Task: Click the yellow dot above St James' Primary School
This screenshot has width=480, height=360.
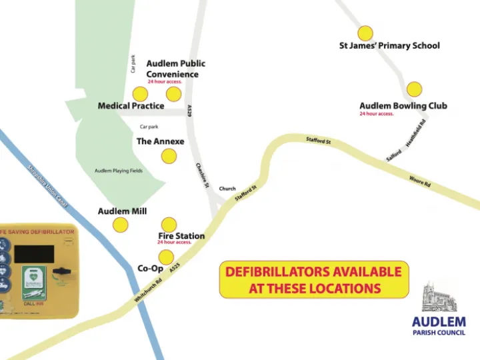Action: coord(365,33)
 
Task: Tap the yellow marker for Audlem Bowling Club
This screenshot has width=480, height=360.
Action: coord(414,89)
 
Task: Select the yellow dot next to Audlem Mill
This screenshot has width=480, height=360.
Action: coord(120,225)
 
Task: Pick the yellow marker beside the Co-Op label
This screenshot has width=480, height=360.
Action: coord(165,257)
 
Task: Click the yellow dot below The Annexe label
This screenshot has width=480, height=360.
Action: coord(169,156)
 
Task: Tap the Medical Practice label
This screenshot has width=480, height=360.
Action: coord(131,106)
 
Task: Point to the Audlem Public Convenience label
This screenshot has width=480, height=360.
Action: coord(175,69)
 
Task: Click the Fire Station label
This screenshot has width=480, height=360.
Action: coord(181,236)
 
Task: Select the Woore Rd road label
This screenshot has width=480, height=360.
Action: coord(420,180)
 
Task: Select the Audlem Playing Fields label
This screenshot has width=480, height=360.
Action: coord(119,171)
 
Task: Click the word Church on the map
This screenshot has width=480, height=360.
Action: coord(227,189)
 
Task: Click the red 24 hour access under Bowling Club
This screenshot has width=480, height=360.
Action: coord(377,114)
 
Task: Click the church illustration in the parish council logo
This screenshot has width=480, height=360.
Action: coord(439,298)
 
